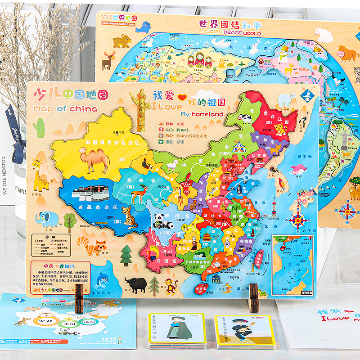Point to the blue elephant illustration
click(x=47, y=219)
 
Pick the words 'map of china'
click(x=65, y=108)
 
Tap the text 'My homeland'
click(x=202, y=114)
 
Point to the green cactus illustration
click(x=39, y=127)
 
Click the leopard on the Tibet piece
click(x=130, y=218)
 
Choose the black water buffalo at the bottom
click(x=136, y=283)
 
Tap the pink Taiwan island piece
click(x=259, y=258)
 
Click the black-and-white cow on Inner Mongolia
click(x=246, y=119)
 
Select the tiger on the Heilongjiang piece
click(x=281, y=130)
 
